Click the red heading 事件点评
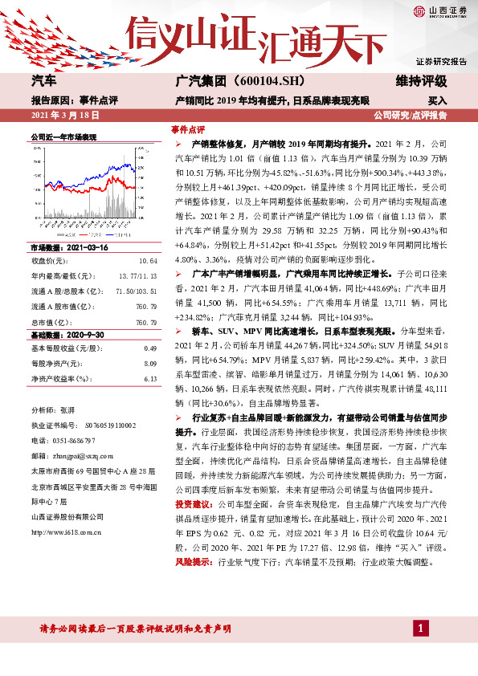pos(188,129)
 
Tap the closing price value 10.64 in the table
pos(148,238)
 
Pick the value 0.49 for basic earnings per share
pos(149,325)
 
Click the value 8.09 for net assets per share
pos(149,340)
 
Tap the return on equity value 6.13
pos(149,356)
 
